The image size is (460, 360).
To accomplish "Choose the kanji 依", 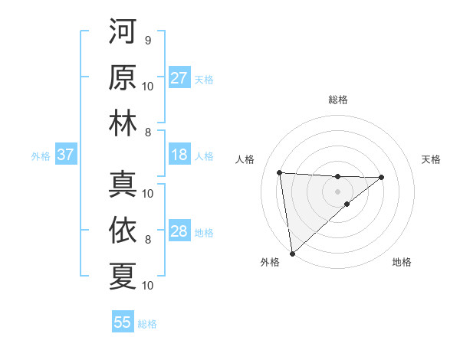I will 123,230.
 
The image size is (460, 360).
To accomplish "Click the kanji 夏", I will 123,276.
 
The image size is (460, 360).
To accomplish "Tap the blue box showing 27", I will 179,78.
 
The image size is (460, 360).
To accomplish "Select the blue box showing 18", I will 179,155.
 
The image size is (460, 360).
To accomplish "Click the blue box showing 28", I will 179,232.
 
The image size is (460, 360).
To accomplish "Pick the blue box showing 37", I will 65,155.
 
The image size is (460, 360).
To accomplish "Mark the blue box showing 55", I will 123,322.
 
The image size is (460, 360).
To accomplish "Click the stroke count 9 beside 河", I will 147,40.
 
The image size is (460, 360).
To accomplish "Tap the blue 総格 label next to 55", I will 147,324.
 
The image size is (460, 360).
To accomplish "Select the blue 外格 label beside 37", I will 41,156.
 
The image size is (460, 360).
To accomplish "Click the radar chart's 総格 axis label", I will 337,100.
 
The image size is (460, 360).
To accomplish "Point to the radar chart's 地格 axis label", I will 402,262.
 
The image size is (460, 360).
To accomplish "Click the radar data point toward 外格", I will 292,253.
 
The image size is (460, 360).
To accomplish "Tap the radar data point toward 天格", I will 382,177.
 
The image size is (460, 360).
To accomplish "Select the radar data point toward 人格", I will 280,172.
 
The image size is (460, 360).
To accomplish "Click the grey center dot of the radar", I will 337,191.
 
